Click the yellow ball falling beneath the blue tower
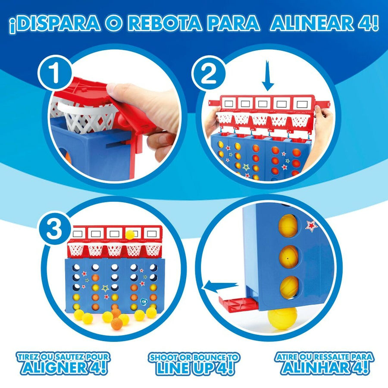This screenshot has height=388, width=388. [x=282, y=318]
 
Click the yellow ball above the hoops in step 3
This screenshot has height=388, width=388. [x=130, y=235]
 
